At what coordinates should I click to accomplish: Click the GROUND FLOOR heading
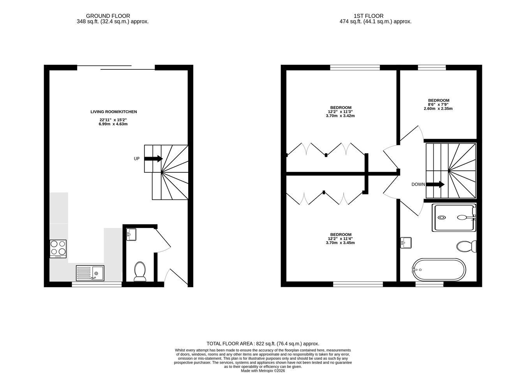[x=108, y=16]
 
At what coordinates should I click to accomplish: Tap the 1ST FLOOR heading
[x=369, y=16]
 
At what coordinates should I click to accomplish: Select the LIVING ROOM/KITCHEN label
[x=114, y=112]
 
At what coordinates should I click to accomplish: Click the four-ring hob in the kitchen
[x=58, y=249]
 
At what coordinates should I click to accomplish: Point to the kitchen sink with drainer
[x=90, y=273]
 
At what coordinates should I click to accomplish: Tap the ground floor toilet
[x=140, y=271]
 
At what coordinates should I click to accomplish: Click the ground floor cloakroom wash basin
[x=131, y=234]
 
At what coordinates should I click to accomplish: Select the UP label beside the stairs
[x=137, y=159]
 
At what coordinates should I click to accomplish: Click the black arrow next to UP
[x=154, y=159]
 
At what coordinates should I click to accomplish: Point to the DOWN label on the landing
[x=418, y=185]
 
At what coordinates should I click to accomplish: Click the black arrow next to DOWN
[x=435, y=184]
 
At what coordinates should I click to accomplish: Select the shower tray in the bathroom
[x=454, y=218]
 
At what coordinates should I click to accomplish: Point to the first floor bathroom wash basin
[x=406, y=243]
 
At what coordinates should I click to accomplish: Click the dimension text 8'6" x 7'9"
[x=438, y=104]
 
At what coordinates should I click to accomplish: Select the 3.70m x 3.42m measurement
[x=340, y=116]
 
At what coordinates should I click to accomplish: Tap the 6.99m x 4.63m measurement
[x=113, y=124]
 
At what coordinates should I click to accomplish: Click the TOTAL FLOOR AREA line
[x=263, y=344]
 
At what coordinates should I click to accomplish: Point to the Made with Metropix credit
[x=263, y=371]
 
